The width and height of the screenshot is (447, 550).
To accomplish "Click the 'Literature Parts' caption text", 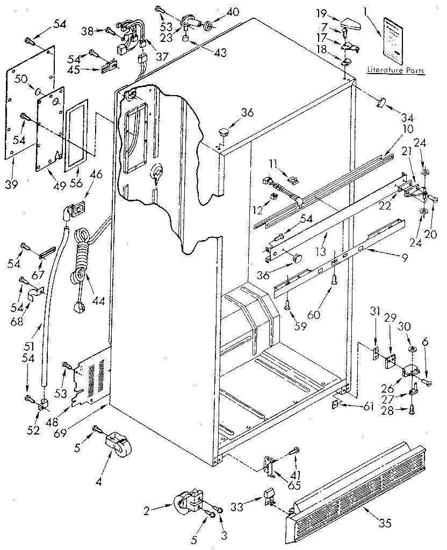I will [x=395, y=70].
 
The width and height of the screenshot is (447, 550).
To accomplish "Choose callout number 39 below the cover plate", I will [x=12, y=185].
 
